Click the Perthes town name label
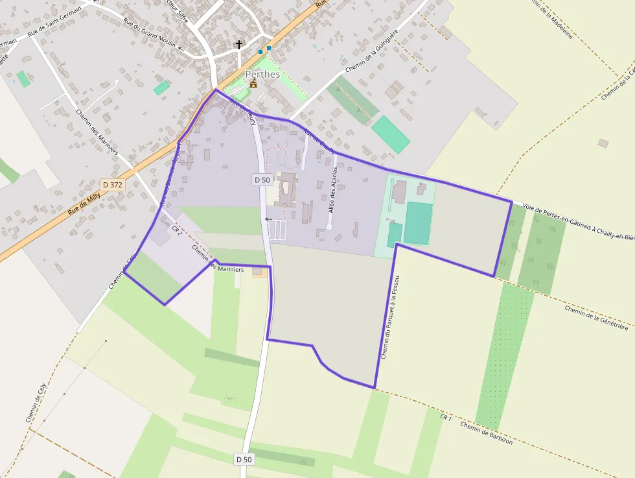pos(262,75)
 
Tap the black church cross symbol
pos(239,45)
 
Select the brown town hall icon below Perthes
pos(253,84)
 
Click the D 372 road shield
pos(112,185)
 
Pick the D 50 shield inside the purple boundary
pos(262,180)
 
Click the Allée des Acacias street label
pos(333,190)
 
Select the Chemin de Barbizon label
pos(487,433)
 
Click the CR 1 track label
pos(446,417)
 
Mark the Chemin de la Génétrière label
pos(596,318)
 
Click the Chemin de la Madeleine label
pos(551,19)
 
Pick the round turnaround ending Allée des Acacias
pos(329,227)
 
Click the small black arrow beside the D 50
pos(267,219)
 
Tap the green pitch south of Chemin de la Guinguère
pos(391,134)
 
